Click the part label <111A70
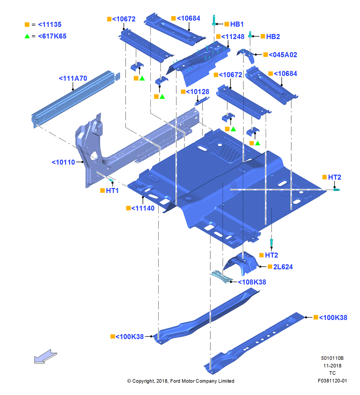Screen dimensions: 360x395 73,78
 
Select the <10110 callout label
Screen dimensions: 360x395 63,162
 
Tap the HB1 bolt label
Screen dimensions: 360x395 237,24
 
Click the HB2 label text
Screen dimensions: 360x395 273,36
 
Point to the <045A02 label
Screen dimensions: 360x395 283,55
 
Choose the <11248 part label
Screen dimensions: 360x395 232,36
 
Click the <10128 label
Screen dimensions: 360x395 197,92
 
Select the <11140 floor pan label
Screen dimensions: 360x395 143,208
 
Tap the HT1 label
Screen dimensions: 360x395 112,191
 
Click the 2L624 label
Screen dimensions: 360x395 283,267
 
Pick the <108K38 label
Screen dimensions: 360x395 252,282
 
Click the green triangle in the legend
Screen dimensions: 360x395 27,36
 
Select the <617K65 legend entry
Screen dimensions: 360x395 52,36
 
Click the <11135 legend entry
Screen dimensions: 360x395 50,24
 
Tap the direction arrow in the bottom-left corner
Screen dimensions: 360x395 45,356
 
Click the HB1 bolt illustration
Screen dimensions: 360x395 214,20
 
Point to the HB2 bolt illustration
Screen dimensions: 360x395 250,34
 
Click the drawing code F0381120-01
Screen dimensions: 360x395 332,381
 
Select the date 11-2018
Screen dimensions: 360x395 332,365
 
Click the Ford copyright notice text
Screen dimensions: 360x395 181,381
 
